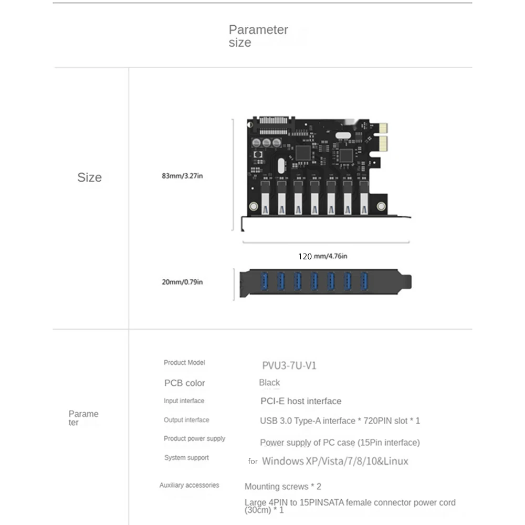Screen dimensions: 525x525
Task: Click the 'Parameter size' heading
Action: (x=258, y=36)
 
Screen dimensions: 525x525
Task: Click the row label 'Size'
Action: (x=89, y=177)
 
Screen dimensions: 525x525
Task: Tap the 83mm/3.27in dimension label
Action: (x=182, y=176)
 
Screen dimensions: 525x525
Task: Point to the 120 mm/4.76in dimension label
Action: (x=322, y=256)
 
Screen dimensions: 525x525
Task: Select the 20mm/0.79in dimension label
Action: (x=182, y=282)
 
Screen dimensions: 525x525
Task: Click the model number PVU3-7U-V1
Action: (x=289, y=365)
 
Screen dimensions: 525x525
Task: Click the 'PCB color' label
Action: (x=184, y=383)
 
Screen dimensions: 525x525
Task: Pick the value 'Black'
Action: (x=269, y=383)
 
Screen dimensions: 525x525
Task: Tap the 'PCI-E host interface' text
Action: (x=301, y=401)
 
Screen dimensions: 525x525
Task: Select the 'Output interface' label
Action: (x=186, y=420)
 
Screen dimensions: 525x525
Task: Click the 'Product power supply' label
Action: (x=194, y=438)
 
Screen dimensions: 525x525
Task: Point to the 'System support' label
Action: (x=186, y=458)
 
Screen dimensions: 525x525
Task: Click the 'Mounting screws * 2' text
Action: (x=282, y=487)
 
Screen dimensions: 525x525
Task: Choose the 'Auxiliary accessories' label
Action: (x=189, y=485)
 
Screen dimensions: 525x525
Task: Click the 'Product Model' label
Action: (x=184, y=362)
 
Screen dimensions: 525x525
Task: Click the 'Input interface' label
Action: (x=184, y=401)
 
